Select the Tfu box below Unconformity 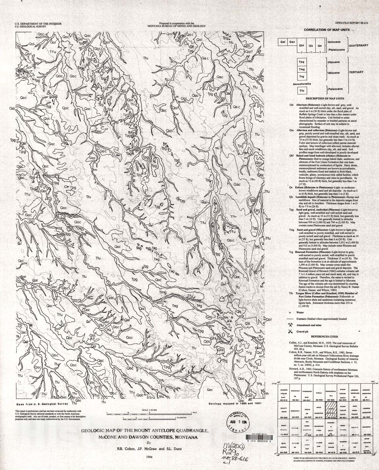coord(301,91)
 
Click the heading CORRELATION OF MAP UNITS coord(326,30)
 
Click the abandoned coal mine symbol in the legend coord(290,325)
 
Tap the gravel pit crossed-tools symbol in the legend coord(290,331)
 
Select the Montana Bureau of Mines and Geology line coord(177,26)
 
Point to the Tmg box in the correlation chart coord(301,69)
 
